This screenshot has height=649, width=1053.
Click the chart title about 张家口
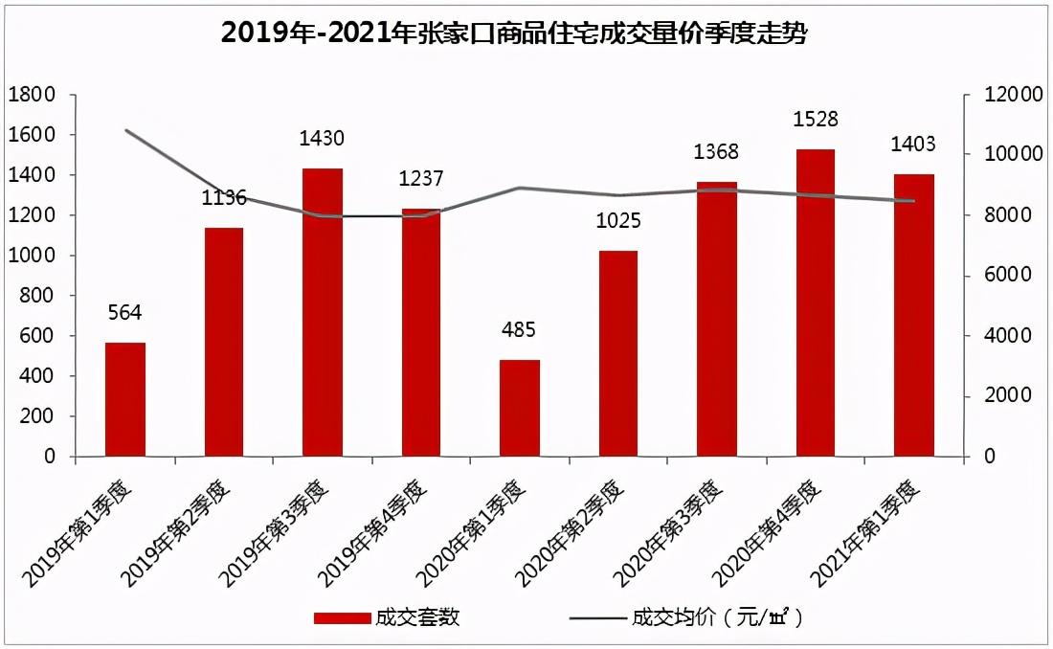[x=515, y=34]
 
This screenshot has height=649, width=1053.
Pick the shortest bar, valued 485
[x=520, y=409]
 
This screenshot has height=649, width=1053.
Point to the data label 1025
[x=618, y=221]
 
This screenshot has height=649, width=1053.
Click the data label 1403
[x=913, y=145]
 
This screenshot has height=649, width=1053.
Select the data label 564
[x=125, y=313]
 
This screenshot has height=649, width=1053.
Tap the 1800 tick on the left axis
[x=31, y=95]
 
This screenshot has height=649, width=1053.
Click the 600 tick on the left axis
[x=35, y=336]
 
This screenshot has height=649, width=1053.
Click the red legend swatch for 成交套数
[x=342, y=617]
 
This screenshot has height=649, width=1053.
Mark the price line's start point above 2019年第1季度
[x=125, y=130]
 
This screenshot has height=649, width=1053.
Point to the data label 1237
[x=421, y=179]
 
